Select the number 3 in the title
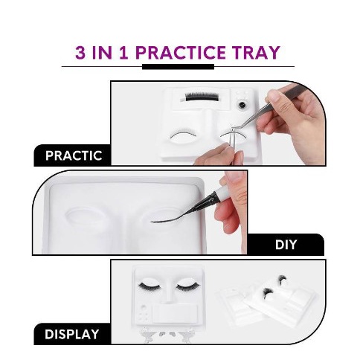[81, 53]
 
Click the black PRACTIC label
[74, 156]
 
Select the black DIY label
[286, 244]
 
